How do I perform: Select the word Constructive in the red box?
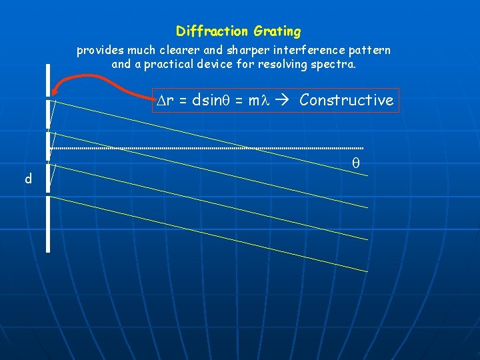click(x=347, y=100)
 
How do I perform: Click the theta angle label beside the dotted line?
click(x=355, y=163)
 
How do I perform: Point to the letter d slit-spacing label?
click(x=28, y=179)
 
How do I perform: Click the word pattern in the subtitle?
click(x=370, y=51)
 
